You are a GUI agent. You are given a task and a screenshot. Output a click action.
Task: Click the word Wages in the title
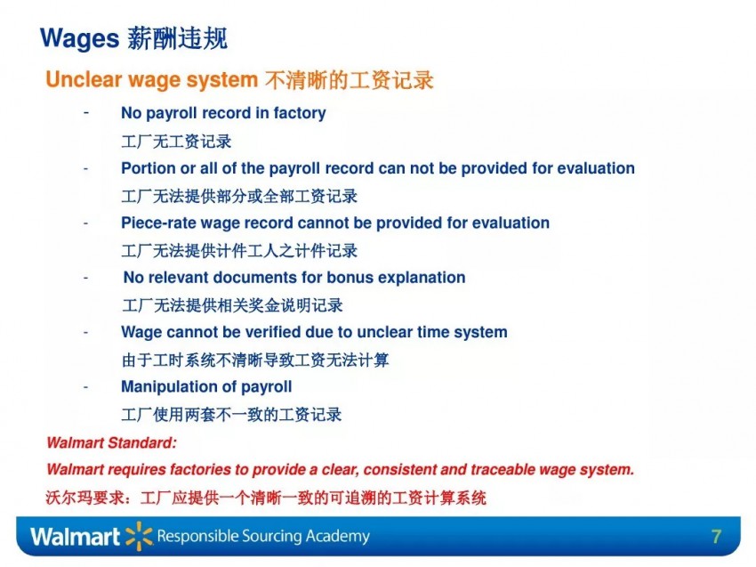(x=79, y=38)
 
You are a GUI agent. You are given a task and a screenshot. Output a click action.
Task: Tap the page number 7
(x=716, y=536)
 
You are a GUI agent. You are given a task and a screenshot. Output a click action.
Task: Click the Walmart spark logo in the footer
(x=139, y=536)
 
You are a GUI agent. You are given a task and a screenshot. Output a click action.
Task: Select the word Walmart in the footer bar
(x=75, y=537)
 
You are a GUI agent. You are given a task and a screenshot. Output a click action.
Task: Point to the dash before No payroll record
(x=85, y=113)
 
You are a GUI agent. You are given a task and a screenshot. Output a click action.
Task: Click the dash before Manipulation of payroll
(x=85, y=387)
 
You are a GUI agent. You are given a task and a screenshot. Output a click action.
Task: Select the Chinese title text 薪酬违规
(x=177, y=38)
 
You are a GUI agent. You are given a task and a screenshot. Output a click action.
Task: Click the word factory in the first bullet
(x=300, y=113)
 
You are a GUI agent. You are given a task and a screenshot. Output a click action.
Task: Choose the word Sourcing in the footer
(x=270, y=537)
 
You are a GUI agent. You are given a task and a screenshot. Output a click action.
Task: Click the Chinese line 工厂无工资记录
(x=176, y=142)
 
